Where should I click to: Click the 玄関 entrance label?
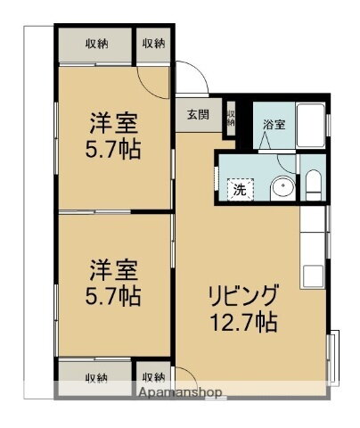tap(198, 114)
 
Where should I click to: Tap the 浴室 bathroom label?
tap(274, 124)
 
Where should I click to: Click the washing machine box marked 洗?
tap(239, 189)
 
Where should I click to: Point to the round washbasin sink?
tap(282, 188)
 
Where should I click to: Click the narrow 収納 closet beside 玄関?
tap(230, 119)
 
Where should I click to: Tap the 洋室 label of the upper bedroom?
tap(111, 119)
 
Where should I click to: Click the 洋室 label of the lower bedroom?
tap(111, 267)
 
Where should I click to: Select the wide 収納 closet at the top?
tap(96, 44)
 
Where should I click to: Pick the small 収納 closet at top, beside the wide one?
tap(152, 44)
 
